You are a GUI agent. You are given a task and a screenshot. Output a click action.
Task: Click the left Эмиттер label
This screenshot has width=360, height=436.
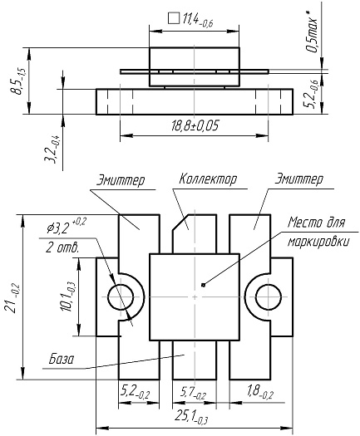point(121,179)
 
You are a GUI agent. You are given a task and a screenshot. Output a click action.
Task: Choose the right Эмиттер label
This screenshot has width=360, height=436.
point(298,179)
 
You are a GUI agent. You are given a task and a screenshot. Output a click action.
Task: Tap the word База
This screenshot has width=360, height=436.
point(61,360)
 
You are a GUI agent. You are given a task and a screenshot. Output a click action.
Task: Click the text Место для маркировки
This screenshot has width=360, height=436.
point(315,233)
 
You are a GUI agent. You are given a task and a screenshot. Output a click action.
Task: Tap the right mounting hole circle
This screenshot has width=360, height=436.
point(269,295)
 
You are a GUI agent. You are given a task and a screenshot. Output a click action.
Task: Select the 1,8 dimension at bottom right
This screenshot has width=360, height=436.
point(257,388)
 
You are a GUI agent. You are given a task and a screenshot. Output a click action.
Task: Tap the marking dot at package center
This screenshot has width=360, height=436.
point(201,287)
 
